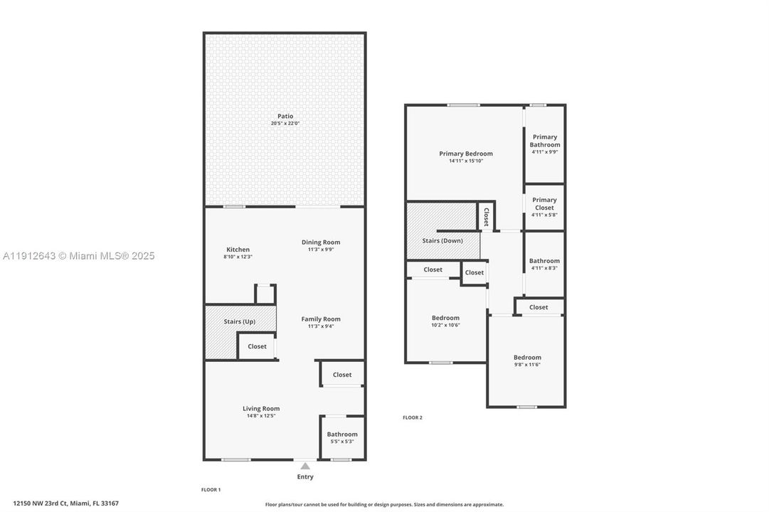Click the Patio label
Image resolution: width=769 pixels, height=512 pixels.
point(285,116)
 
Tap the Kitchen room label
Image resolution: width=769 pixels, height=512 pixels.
point(238,250)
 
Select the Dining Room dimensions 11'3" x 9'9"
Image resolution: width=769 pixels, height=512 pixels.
point(321,250)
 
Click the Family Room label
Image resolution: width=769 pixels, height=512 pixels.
point(321,319)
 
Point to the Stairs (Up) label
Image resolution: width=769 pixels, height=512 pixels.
point(240,322)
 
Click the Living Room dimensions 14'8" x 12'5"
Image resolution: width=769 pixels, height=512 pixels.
point(261,415)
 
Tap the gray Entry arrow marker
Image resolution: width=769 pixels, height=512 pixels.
point(305,466)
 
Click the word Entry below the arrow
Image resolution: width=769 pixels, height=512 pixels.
point(305,477)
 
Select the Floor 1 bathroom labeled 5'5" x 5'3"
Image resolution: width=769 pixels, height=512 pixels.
point(342,437)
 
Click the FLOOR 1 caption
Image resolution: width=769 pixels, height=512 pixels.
point(211,490)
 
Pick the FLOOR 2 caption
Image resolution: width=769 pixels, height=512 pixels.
point(413,417)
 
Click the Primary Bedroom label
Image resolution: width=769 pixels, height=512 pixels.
point(466,154)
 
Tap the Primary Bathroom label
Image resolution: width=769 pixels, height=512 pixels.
point(545,141)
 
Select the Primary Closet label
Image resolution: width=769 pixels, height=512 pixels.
point(545,204)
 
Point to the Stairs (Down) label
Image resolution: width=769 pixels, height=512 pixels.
point(442,240)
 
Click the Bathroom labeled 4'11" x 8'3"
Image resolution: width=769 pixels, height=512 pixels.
point(544,264)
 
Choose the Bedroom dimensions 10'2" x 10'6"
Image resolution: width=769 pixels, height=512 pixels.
point(445,325)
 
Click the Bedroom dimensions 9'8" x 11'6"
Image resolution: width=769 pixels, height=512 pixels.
point(527,365)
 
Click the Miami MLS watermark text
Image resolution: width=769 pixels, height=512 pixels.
point(78,256)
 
